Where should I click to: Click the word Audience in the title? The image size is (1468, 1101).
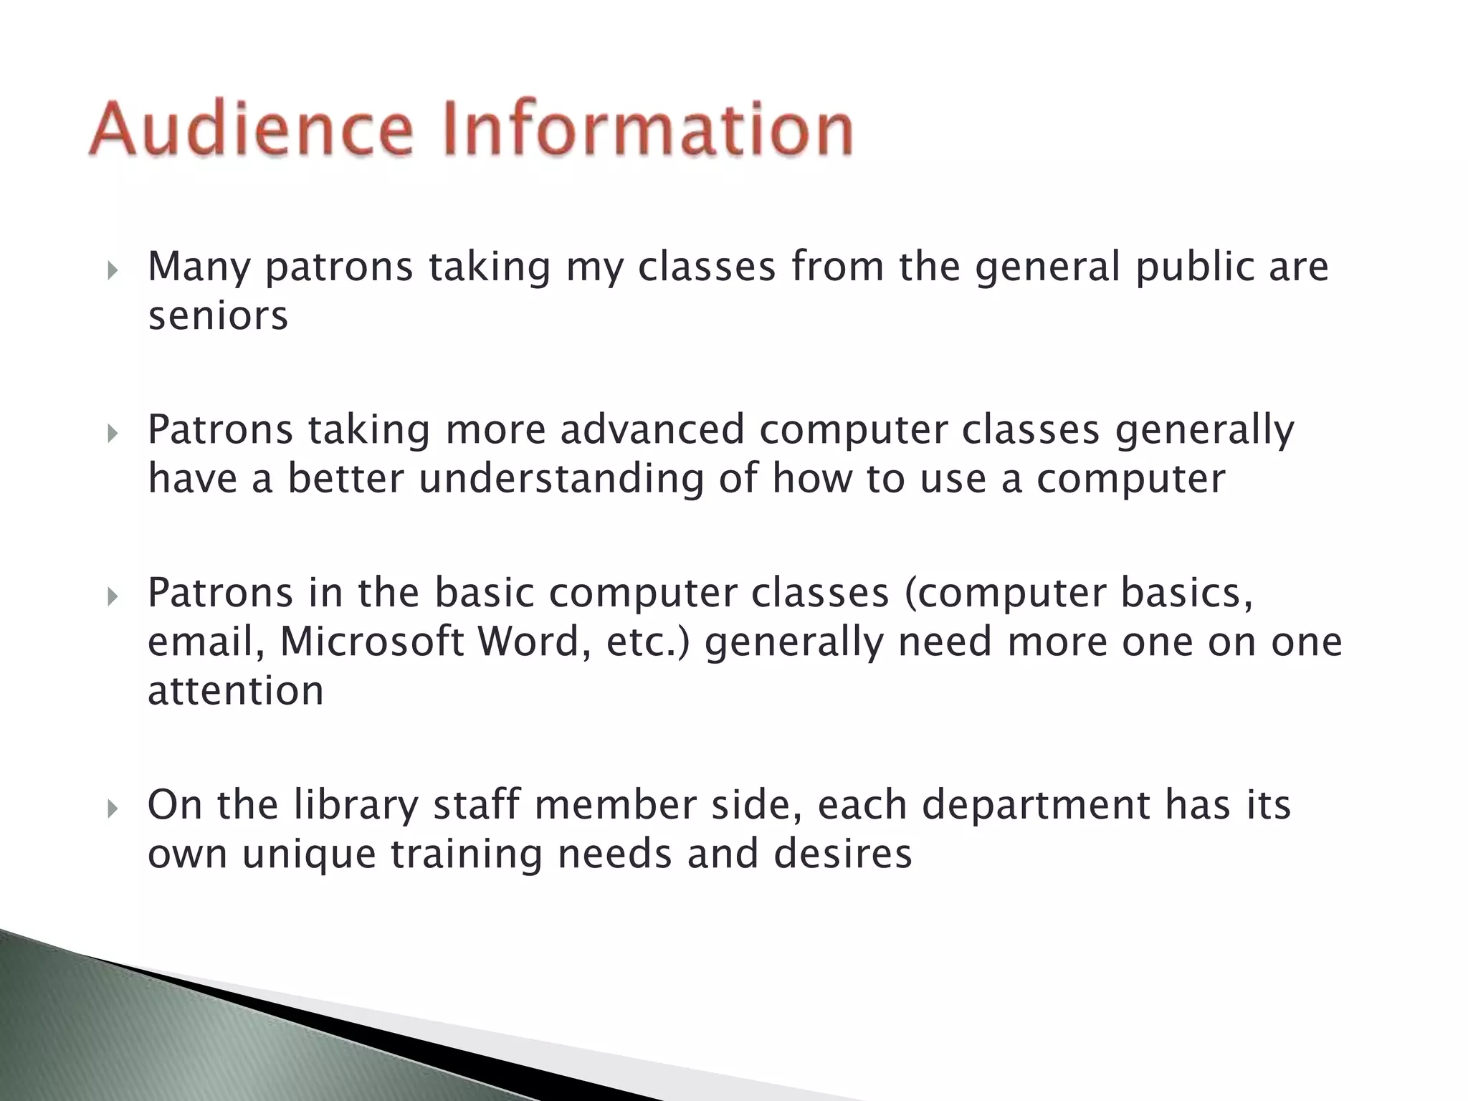[x=251, y=129]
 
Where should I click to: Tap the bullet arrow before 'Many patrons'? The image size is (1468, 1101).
[x=112, y=270]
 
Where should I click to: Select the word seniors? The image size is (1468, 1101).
[x=218, y=316]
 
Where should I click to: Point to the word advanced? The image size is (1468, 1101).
[x=652, y=430]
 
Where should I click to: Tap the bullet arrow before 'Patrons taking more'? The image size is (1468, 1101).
[x=112, y=433]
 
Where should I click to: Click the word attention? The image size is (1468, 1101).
[x=236, y=691]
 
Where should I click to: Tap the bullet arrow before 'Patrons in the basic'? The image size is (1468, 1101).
[x=112, y=596]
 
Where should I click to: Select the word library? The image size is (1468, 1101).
[x=355, y=805]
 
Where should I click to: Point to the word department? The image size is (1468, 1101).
[x=1035, y=806]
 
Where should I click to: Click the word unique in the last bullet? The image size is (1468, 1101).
[x=308, y=855]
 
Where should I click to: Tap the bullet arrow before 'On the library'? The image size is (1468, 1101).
[x=112, y=809]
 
